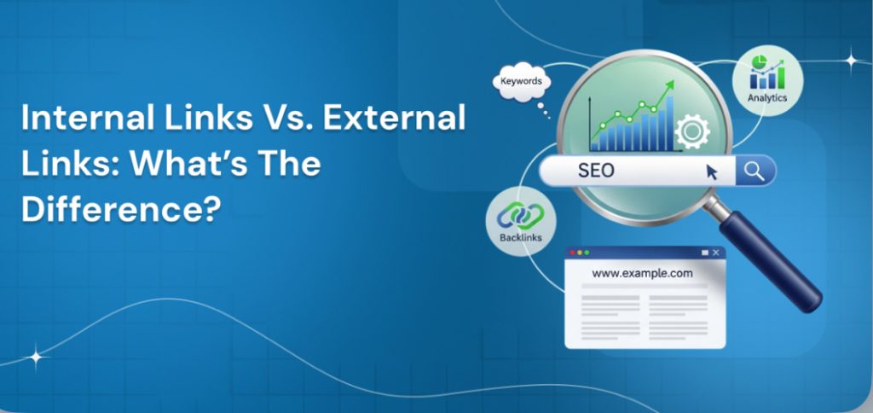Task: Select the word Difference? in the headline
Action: coord(115,209)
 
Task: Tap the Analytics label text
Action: coord(767,99)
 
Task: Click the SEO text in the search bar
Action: coord(596,171)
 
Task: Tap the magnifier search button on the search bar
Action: coord(753,171)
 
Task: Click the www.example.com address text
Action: coord(642,274)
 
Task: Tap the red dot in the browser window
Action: coord(574,253)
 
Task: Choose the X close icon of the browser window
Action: coord(716,253)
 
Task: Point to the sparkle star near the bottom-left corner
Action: coord(36,358)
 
